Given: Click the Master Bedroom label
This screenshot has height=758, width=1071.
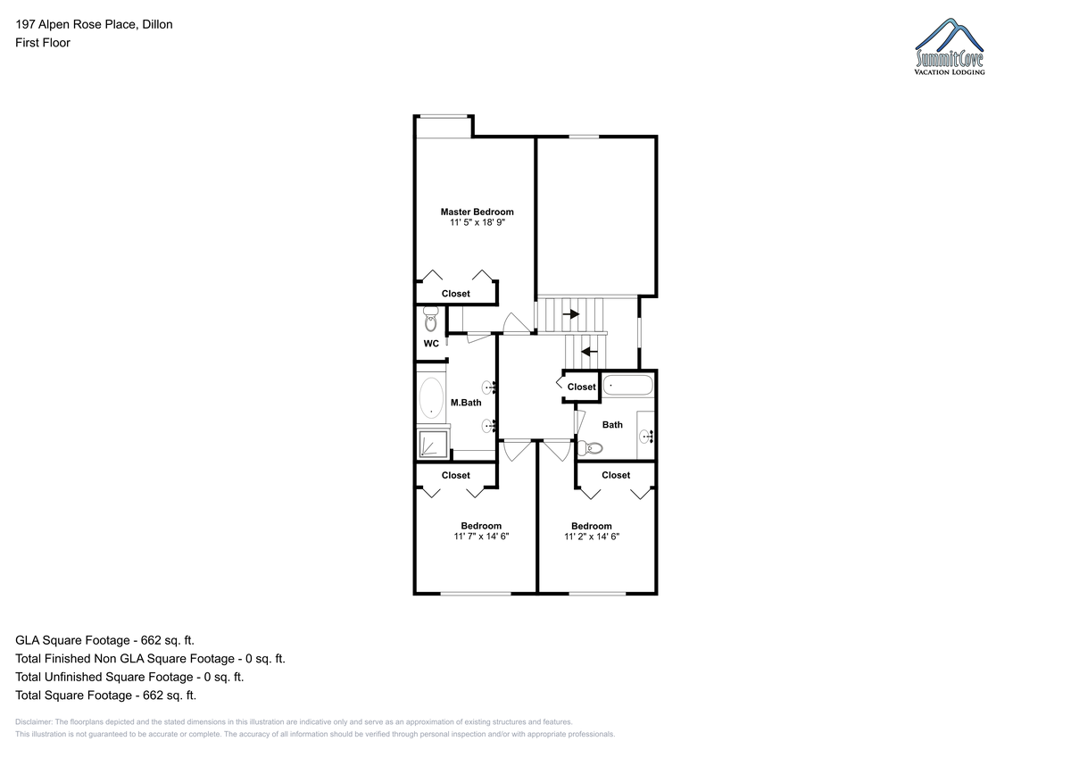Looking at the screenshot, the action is click(477, 212).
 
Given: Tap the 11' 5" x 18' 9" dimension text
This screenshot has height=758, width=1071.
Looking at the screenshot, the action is click(477, 222).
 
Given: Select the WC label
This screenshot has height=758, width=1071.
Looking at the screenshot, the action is click(431, 344).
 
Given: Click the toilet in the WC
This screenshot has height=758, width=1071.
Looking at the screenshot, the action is click(431, 319).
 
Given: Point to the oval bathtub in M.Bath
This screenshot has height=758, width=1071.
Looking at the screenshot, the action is click(431, 398).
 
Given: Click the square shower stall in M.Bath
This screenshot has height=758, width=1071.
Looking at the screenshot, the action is click(434, 444).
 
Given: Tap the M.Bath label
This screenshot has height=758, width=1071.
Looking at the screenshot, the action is click(466, 403).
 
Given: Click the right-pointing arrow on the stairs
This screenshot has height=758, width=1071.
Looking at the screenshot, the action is click(571, 314).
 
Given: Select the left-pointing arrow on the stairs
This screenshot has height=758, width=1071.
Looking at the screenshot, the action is click(589, 352).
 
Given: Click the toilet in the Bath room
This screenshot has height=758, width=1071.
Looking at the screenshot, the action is click(590, 448).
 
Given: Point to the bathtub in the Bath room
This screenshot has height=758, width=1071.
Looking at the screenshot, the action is click(627, 385).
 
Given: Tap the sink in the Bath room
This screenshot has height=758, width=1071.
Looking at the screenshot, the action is click(645, 437).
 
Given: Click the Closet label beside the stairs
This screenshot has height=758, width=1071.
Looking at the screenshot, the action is click(581, 387).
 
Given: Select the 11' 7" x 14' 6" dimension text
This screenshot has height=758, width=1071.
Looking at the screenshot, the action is click(481, 537).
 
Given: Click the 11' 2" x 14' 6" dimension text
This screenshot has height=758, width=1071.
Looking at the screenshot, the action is click(592, 537).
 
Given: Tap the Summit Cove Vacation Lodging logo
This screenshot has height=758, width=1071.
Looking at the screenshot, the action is click(950, 46).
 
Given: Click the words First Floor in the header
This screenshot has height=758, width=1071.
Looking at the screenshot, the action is click(43, 43).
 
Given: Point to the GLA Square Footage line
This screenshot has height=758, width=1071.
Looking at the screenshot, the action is click(104, 640).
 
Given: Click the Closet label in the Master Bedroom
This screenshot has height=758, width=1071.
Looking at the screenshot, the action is click(455, 294).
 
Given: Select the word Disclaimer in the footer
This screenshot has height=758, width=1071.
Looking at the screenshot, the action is click(34, 722).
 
